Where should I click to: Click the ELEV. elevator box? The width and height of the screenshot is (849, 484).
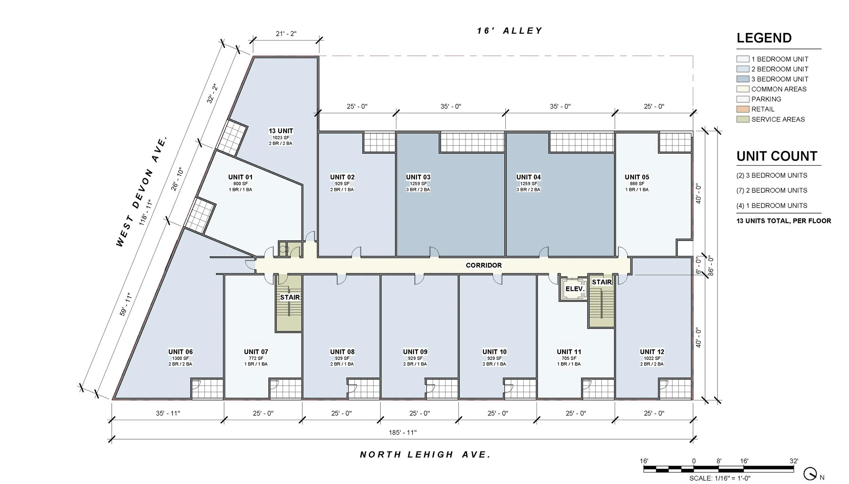[x=575, y=289]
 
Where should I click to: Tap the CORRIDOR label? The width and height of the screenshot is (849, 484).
[x=484, y=265]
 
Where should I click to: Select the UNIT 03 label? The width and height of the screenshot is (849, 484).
[x=418, y=177]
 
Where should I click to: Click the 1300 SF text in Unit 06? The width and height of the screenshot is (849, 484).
[x=180, y=358]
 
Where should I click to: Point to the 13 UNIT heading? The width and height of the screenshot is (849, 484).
[x=281, y=131]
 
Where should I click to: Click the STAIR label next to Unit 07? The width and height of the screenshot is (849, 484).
[x=290, y=297]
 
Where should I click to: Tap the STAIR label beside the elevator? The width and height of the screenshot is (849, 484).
[x=602, y=282]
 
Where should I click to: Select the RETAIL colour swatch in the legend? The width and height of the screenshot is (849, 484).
[x=743, y=109]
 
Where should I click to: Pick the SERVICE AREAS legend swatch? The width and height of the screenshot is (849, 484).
[x=743, y=119]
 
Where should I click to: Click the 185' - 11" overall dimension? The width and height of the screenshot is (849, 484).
[x=402, y=433]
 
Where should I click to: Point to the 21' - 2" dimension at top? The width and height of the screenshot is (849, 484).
[x=286, y=34]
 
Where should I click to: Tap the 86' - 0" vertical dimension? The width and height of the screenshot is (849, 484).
[x=711, y=266]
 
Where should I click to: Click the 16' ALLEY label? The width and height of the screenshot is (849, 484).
[x=509, y=31]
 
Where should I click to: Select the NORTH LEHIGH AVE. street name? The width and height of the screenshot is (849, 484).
[x=425, y=455]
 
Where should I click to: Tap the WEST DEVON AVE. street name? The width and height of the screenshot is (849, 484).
[x=142, y=191]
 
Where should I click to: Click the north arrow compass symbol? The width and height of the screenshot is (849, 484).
[x=810, y=473]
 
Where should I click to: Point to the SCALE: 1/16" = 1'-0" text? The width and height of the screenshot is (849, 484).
[x=720, y=479]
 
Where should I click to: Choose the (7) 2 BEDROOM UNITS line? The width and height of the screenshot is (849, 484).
[x=772, y=191]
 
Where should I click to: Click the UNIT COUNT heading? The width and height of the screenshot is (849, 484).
[x=777, y=156]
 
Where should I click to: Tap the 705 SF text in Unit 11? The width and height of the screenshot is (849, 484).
[x=569, y=358]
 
